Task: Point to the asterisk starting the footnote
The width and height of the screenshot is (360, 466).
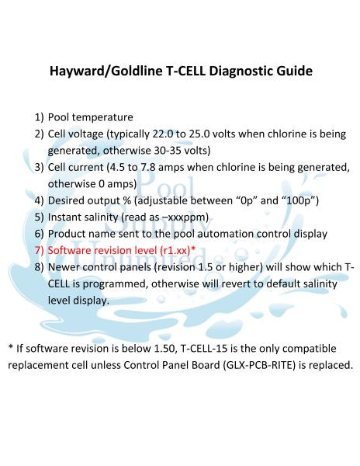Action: pos(10,347)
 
